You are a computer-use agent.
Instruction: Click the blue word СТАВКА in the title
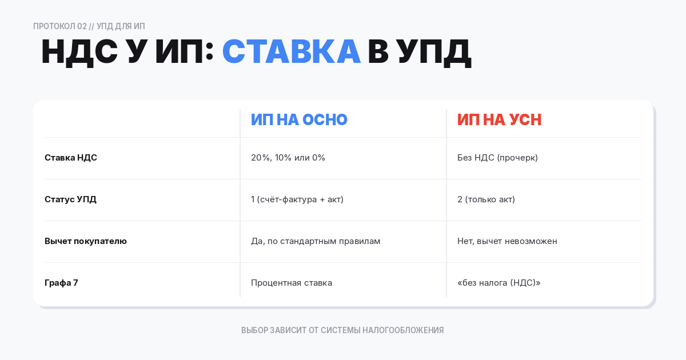(291, 51)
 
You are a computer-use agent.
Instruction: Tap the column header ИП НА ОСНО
(299, 119)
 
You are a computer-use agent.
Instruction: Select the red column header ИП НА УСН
(499, 119)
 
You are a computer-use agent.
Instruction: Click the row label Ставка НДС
(71, 158)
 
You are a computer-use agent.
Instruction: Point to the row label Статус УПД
(70, 199)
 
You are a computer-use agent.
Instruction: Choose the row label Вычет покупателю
(86, 241)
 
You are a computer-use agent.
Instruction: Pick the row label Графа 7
(61, 283)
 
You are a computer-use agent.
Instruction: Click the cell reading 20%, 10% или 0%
(288, 158)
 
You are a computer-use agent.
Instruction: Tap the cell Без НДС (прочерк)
(497, 158)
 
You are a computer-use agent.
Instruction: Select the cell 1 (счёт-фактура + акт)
(297, 199)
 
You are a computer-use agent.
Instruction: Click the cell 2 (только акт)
(486, 199)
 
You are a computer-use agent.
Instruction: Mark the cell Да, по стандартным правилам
(316, 241)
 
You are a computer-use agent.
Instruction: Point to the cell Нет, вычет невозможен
(507, 241)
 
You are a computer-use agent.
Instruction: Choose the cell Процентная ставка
(292, 283)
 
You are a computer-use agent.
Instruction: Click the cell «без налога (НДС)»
(498, 283)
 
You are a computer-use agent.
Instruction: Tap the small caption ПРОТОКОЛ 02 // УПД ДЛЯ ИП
(89, 26)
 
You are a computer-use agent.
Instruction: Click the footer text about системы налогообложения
(342, 330)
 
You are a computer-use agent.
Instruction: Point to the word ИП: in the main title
(184, 51)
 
